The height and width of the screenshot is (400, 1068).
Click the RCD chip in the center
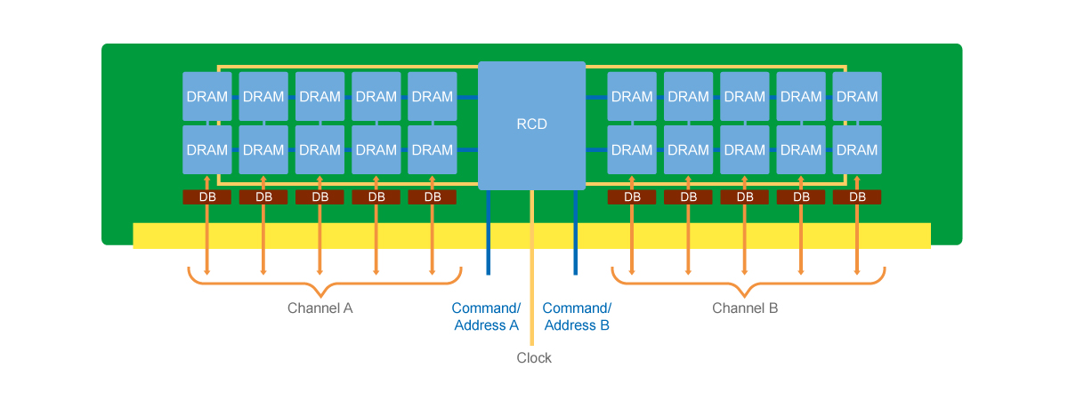(531, 125)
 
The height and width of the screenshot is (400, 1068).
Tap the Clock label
(534, 357)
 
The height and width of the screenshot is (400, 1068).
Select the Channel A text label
(320, 308)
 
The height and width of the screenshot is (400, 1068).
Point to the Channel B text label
(745, 308)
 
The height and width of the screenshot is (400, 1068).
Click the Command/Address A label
(486, 316)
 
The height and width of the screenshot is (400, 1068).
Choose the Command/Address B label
(577, 316)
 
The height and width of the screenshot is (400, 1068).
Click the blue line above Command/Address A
(489, 232)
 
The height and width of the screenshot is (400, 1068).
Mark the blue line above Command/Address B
(576, 232)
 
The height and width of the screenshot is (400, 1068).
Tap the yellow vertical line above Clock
(532, 268)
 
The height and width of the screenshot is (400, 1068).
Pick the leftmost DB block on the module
(206, 197)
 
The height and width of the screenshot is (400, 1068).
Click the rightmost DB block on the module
(857, 197)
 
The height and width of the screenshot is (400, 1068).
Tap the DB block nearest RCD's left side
(432, 197)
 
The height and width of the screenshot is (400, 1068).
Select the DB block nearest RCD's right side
(632, 197)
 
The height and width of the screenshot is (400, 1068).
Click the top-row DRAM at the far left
(206, 96)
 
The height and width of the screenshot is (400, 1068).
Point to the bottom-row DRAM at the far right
(857, 149)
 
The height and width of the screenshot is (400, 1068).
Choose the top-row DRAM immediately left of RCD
(432, 96)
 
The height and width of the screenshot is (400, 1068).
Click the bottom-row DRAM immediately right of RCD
(632, 149)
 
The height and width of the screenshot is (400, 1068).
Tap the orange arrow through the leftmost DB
(206, 225)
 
